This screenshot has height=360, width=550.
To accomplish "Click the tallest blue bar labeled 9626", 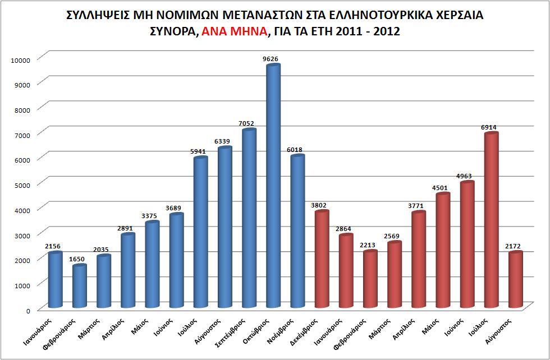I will tap(273, 185).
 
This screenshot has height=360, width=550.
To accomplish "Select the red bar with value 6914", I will tap(492, 219).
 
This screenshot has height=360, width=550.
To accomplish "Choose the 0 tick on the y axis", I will tap(28, 310).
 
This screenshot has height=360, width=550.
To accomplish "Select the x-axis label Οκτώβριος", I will tap(264, 330).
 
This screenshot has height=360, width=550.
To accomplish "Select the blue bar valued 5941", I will tap(200, 232).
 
